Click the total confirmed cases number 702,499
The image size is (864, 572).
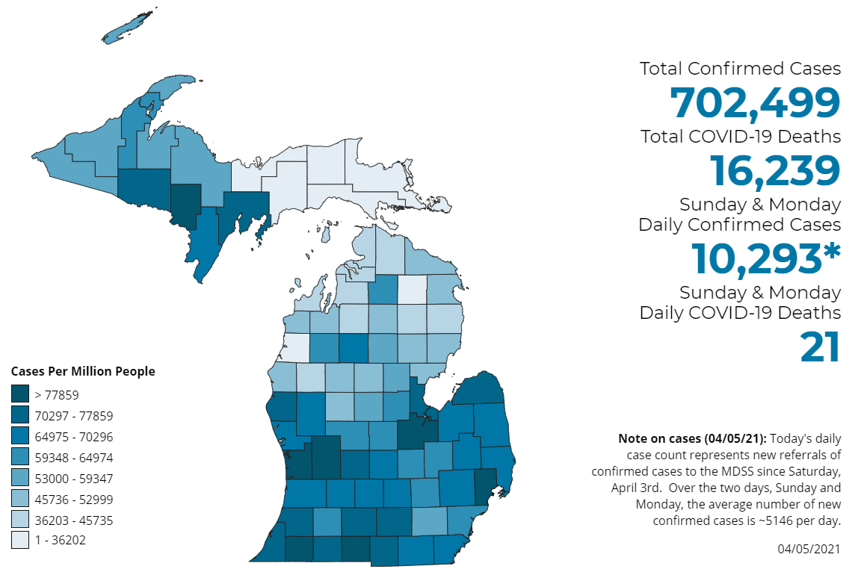point(755,103)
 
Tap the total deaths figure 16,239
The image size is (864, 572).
point(775,170)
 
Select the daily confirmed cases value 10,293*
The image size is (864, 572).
point(766,258)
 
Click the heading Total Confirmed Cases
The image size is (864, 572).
point(740,69)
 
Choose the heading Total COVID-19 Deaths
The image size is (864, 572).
point(740,137)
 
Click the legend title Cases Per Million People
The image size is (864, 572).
point(83,371)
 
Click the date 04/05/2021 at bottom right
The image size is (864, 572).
point(809,549)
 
